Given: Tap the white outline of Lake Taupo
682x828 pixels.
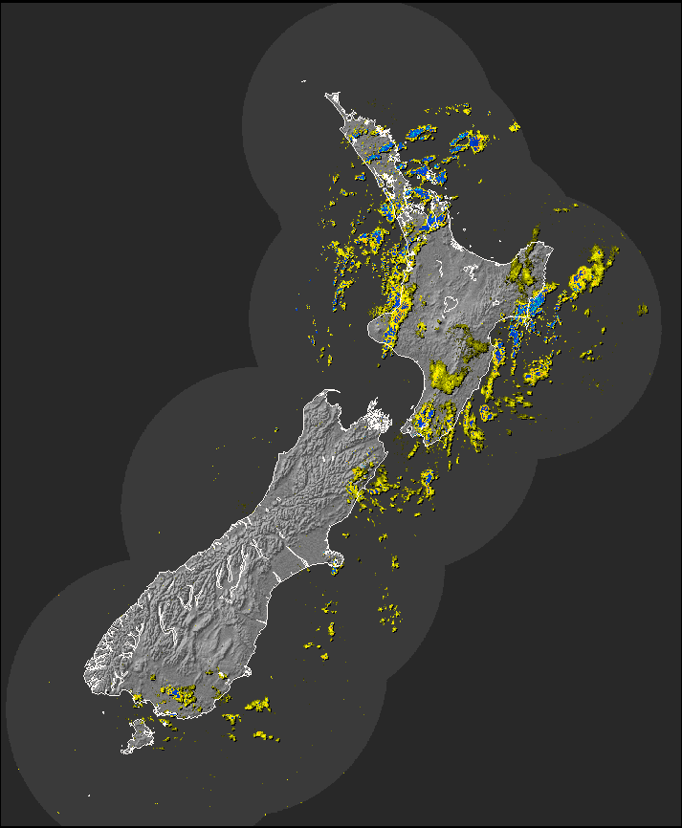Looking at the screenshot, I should tap(449, 305).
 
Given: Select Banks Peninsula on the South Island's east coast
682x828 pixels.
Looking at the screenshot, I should tap(335, 560).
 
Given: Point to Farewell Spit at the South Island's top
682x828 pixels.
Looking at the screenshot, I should tap(331, 391).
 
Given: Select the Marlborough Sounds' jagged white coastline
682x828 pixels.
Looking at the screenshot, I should tap(379, 421).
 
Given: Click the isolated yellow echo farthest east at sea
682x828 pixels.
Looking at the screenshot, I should tap(642, 309).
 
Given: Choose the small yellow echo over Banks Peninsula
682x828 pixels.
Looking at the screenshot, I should tap(333, 570).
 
